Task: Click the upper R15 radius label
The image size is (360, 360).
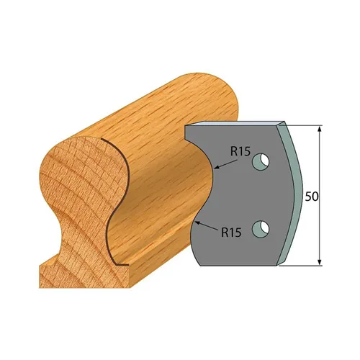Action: (x=240, y=152)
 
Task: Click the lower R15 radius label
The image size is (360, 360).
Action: (x=231, y=232)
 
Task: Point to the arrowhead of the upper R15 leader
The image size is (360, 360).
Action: (x=215, y=170)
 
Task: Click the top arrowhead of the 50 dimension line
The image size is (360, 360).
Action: (x=320, y=127)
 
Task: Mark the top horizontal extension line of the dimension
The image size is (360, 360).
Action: (x=302, y=124)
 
